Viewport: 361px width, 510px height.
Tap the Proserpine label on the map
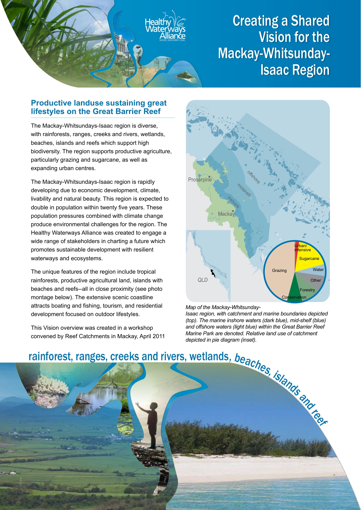(200, 180)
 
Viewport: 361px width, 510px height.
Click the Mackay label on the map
(226, 214)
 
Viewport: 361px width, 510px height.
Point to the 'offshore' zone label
(253, 177)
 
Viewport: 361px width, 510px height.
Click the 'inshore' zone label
(233, 202)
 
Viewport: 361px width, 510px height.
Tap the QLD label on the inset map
(202, 280)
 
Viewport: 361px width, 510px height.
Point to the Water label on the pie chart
(318, 270)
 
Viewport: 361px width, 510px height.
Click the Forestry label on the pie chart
(307, 290)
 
